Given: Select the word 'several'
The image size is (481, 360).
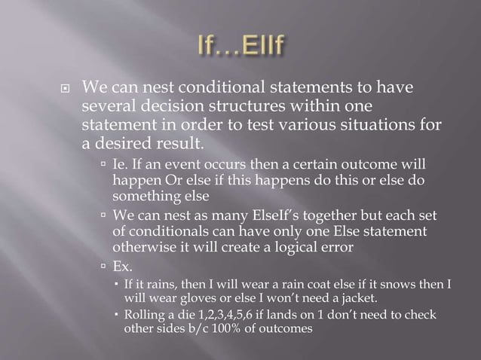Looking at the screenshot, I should [x=107, y=107].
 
